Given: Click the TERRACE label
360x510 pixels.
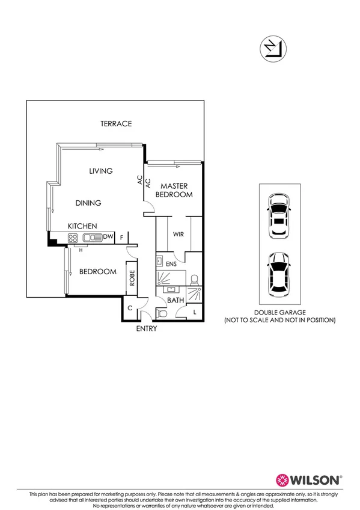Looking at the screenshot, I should tap(116, 124).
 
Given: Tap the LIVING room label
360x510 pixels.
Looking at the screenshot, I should tap(101, 171).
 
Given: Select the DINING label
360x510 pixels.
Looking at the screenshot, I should tap(88, 203).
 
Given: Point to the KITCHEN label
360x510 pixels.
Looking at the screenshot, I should tap(82, 226).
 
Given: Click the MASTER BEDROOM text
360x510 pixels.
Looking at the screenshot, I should tap(174, 191).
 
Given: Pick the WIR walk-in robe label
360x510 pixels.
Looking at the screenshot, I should tap(178, 235).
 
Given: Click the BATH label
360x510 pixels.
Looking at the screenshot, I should tap(175, 300).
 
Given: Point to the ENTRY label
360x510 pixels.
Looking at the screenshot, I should tap(147, 329).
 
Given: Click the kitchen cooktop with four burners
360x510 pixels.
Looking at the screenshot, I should tap(73, 238).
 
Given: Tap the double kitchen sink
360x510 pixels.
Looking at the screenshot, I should tap(91, 238).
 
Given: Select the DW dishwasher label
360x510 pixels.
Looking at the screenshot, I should tap(108, 238).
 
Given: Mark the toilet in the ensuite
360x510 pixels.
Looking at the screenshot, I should tap(194, 279).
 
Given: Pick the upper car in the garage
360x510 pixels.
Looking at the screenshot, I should tap(278, 215).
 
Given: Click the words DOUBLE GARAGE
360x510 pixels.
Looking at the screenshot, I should tap(279, 313).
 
